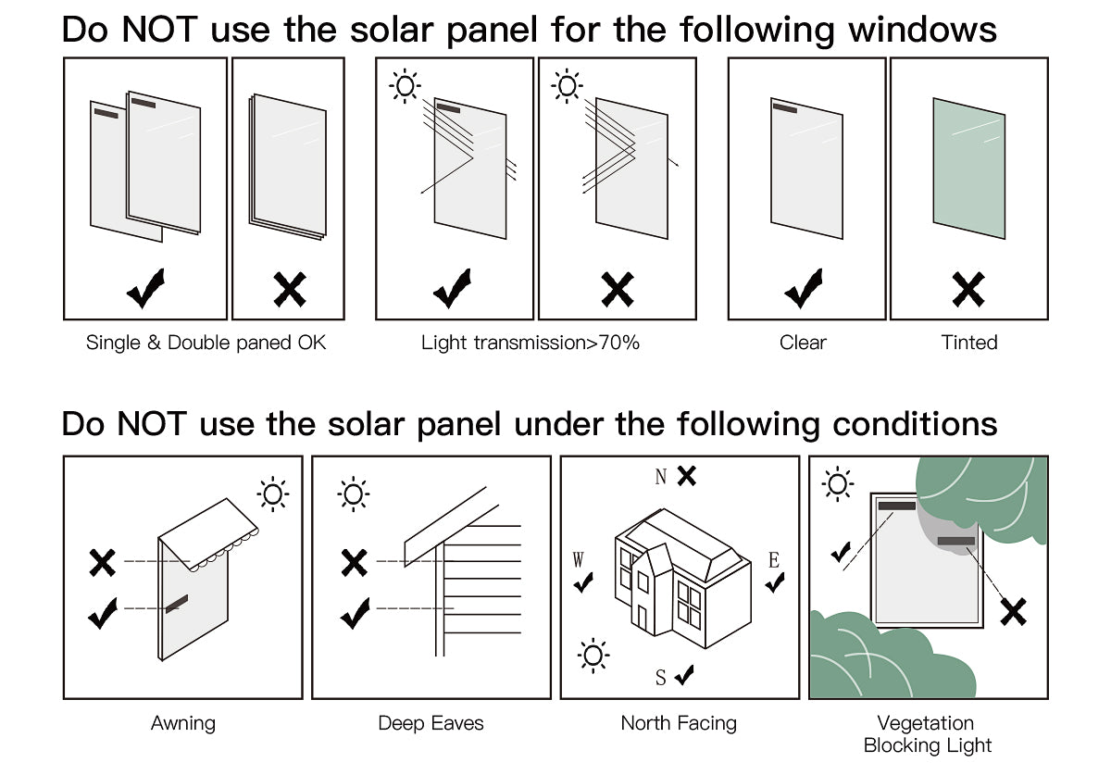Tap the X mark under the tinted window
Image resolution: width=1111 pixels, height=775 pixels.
pos(968,290)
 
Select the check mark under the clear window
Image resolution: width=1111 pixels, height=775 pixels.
pos(804,289)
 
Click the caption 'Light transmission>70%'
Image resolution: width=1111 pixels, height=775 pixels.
pos(531,343)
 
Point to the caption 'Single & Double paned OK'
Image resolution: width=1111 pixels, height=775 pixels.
pos(206,343)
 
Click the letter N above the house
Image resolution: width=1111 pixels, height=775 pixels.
pos(661,478)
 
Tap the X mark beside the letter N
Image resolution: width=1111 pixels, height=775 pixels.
pos(686,476)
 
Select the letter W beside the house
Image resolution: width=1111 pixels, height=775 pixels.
pos(579,560)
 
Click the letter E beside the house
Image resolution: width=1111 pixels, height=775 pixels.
pos(774,560)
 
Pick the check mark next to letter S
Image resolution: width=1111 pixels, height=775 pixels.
pos(685,676)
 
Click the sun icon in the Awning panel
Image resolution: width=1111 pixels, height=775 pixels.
pos(273,494)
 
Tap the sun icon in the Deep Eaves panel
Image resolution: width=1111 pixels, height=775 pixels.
pos(353,494)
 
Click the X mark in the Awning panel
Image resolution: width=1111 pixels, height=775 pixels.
pos(102,562)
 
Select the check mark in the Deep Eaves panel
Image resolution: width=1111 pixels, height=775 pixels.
pos(355,613)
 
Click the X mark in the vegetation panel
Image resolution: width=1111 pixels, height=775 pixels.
pos(1014,611)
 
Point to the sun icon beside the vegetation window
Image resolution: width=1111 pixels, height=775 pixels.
pos(838,483)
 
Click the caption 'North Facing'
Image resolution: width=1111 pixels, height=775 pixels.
pos(679,723)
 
